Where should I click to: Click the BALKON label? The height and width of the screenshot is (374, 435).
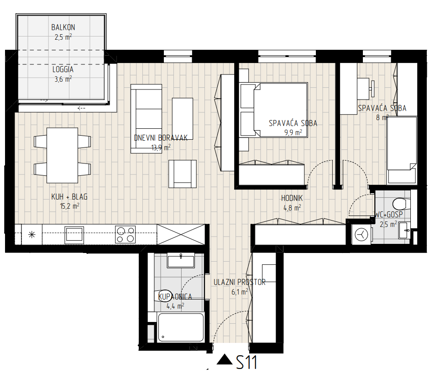click(x=63, y=27)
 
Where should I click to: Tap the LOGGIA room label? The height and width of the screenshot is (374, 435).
click(x=63, y=69)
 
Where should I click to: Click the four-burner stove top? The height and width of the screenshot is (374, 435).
click(x=125, y=235)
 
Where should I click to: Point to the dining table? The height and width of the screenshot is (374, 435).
click(x=62, y=155)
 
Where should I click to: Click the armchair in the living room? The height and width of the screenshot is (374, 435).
click(x=182, y=174)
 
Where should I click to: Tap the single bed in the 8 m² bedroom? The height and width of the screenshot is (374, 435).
click(x=402, y=150)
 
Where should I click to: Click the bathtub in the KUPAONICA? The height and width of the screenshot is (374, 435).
click(x=181, y=327)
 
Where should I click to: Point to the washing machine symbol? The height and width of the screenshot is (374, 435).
click(x=361, y=235)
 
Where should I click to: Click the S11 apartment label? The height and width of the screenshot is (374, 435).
click(x=246, y=362)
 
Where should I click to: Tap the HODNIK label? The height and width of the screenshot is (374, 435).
click(x=292, y=198)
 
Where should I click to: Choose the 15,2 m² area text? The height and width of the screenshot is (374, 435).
click(x=70, y=206)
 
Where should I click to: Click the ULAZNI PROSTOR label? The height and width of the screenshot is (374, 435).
click(x=240, y=282)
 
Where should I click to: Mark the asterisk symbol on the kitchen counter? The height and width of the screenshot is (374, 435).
click(x=32, y=235)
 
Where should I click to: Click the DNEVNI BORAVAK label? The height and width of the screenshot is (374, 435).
click(x=161, y=138)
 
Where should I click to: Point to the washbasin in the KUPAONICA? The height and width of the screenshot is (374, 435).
click(x=181, y=261)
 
